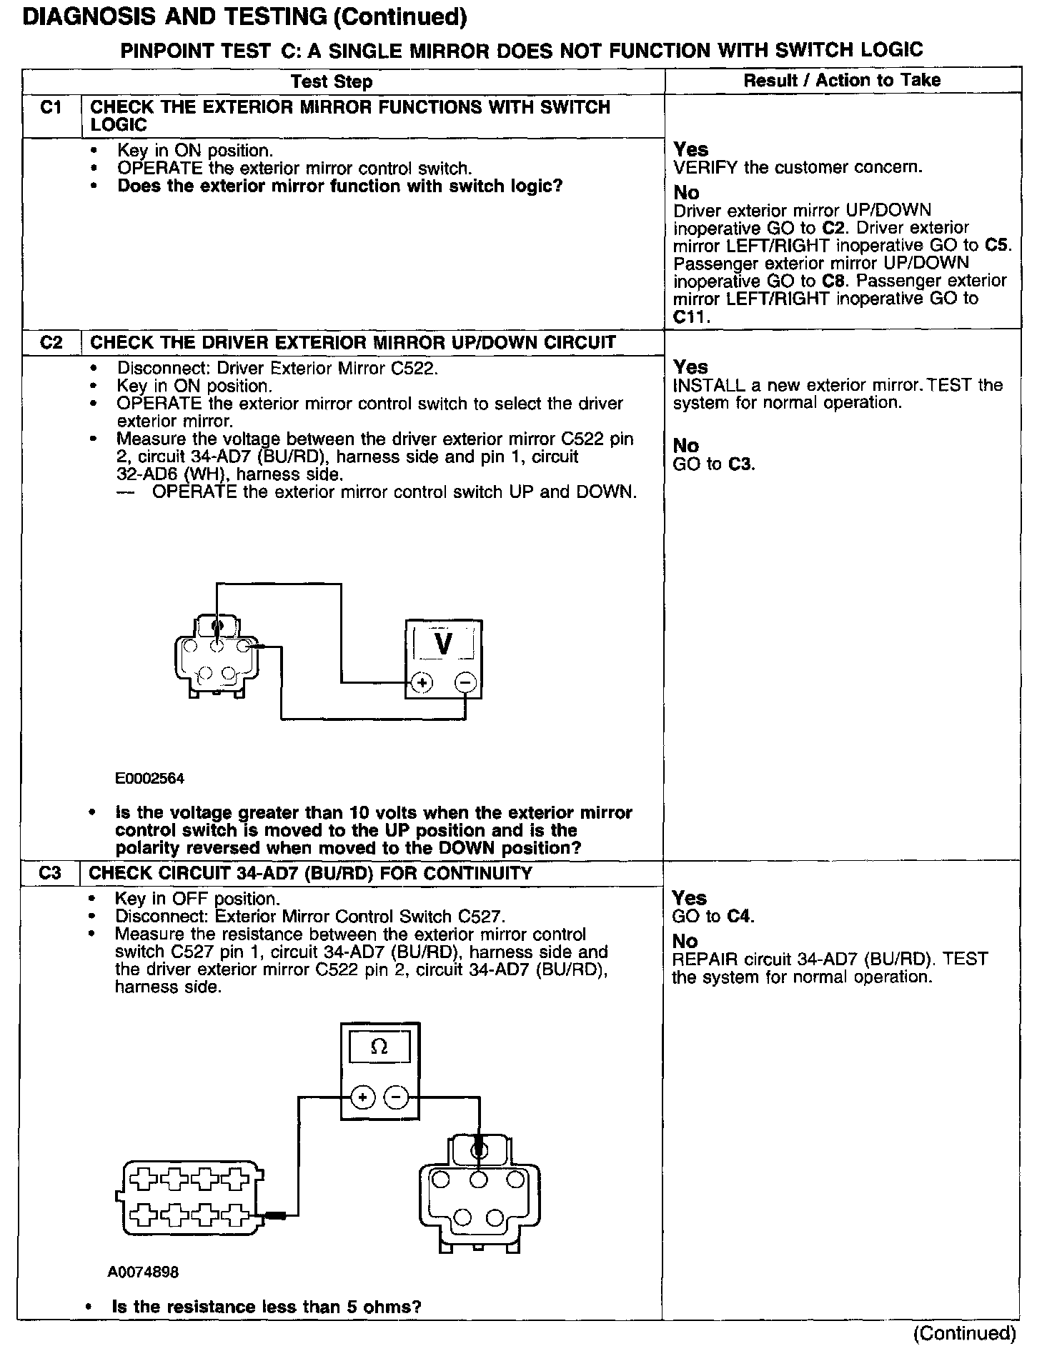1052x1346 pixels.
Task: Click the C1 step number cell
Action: click(51, 108)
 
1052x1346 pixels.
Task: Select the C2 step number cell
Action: click(51, 342)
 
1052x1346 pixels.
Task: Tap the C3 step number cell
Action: click(50, 873)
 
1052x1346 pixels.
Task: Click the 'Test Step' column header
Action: click(332, 81)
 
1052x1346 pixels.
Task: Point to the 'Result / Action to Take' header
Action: click(842, 80)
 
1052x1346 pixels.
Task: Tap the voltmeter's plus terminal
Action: click(422, 683)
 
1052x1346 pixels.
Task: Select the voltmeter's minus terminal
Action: click(465, 683)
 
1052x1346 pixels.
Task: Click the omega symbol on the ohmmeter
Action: click(379, 1047)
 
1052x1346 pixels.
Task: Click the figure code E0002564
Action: click(150, 778)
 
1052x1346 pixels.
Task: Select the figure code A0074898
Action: click(144, 1272)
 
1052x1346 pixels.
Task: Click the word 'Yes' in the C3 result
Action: click(690, 898)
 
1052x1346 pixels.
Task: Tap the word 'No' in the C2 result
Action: click(685, 446)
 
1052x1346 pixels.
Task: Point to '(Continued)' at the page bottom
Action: click(964, 1332)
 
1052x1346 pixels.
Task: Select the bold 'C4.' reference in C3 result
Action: click(740, 916)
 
